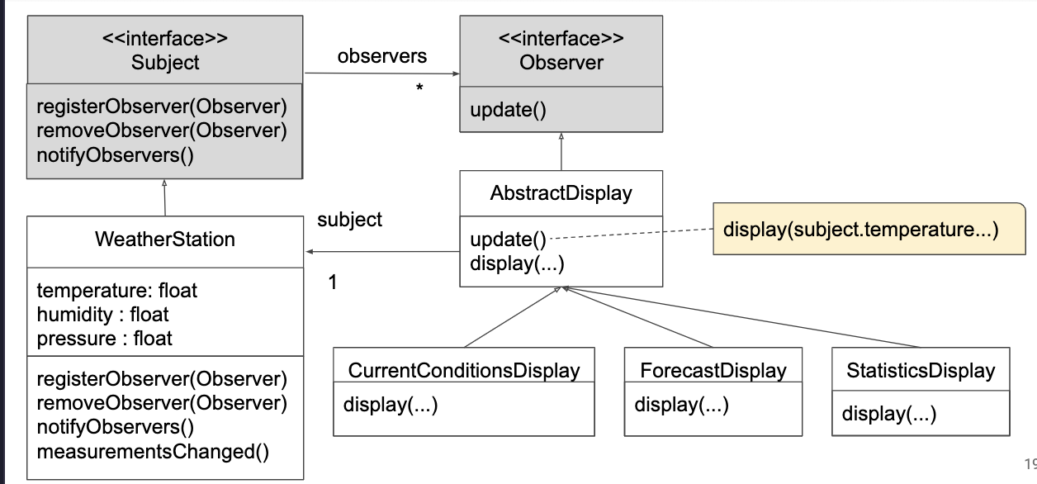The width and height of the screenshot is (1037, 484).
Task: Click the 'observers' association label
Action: [x=382, y=56]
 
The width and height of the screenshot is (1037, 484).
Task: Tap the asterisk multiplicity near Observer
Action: [x=419, y=87]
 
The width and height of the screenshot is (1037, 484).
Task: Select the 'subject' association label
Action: [x=349, y=220]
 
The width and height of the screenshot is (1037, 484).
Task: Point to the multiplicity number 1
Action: [x=333, y=282]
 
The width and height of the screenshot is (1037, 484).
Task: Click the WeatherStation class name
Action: [x=165, y=240]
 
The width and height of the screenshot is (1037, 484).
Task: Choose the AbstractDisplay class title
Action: [x=561, y=193]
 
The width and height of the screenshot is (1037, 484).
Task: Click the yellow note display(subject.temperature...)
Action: [x=869, y=229]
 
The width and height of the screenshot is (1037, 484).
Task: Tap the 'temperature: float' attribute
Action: [x=116, y=291]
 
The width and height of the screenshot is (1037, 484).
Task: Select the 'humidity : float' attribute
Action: [x=102, y=315]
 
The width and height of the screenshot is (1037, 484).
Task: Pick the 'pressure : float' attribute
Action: [x=104, y=339]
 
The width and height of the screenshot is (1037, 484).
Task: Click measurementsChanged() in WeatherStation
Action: [x=153, y=452]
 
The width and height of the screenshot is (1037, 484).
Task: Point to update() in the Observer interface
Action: [x=508, y=110]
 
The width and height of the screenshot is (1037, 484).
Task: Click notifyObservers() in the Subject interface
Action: [x=115, y=155]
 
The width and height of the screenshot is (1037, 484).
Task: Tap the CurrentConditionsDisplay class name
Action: [x=464, y=371]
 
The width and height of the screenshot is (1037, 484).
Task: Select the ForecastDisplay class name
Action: [x=713, y=371]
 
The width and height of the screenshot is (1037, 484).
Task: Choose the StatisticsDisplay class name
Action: [x=921, y=371]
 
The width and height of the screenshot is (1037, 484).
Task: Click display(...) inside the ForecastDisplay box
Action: [x=681, y=405]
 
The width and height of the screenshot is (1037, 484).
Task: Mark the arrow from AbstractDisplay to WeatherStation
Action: [x=383, y=251]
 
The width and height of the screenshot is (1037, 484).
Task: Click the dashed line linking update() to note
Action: [x=632, y=234]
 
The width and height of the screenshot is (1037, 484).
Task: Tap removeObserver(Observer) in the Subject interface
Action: [x=162, y=130]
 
